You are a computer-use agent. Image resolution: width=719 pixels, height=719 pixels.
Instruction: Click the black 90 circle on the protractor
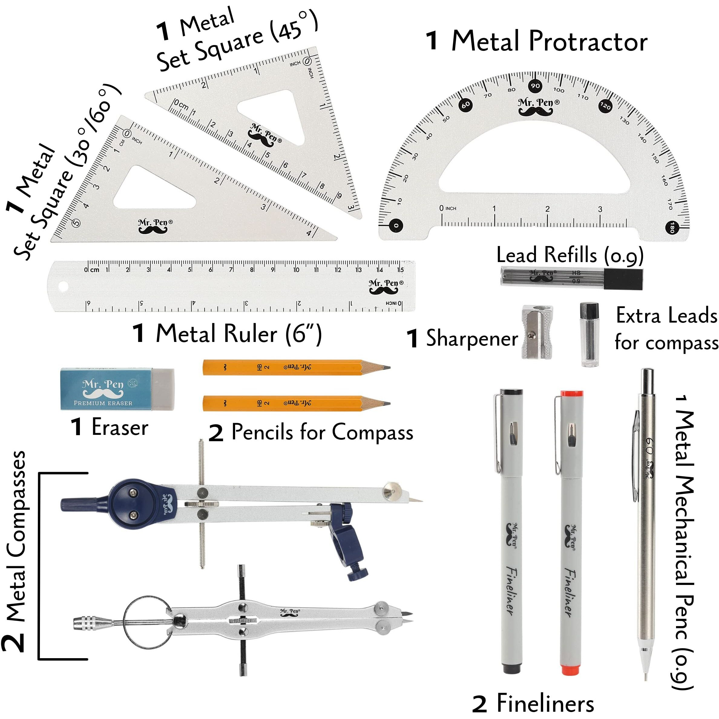(535, 86)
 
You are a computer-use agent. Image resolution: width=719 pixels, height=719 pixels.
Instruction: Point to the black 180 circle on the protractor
(672, 227)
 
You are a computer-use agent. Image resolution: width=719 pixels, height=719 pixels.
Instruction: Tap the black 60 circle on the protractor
(465, 105)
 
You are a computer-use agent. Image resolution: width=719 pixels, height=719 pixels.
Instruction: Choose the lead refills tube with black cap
(572, 277)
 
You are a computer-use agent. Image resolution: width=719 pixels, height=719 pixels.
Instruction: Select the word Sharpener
(471, 338)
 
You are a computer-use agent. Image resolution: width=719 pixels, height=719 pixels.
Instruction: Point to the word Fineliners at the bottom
(545, 703)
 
